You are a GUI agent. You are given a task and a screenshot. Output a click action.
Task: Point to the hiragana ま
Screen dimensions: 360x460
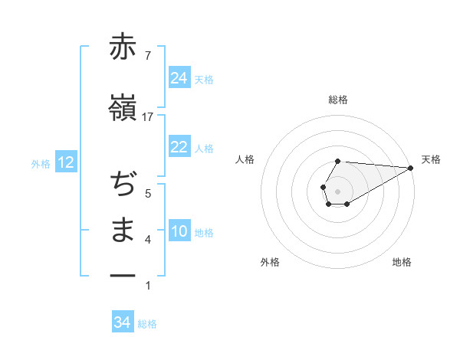click(123, 231)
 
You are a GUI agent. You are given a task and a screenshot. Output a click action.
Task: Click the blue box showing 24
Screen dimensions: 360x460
click(179, 77)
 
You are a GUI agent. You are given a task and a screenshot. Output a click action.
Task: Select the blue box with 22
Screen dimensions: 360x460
click(179, 147)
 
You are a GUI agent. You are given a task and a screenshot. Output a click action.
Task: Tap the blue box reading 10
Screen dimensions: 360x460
click(179, 231)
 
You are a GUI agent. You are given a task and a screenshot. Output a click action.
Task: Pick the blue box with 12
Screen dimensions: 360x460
click(65, 162)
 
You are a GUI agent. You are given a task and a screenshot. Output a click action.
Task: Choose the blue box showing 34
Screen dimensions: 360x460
click(123, 322)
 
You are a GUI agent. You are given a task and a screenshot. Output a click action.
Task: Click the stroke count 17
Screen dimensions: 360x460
click(148, 116)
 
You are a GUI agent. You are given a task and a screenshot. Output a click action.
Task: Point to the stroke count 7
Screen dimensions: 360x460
click(148, 54)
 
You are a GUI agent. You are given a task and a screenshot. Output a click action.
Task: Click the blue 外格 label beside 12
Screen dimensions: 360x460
click(41, 163)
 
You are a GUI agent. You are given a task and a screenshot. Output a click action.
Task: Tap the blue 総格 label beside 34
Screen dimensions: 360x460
click(147, 324)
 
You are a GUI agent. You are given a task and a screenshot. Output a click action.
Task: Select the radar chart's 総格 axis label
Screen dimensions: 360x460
click(337, 100)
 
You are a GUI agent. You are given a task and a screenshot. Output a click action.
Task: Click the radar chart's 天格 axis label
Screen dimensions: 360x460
click(431, 159)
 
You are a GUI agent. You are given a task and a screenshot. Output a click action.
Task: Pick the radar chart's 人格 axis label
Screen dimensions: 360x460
click(245, 159)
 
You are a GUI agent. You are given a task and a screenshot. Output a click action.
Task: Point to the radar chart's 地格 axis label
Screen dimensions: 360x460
click(402, 262)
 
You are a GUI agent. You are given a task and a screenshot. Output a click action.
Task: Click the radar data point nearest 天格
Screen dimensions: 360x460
click(411, 169)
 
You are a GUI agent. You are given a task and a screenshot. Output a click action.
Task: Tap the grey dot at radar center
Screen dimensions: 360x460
click(337, 190)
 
